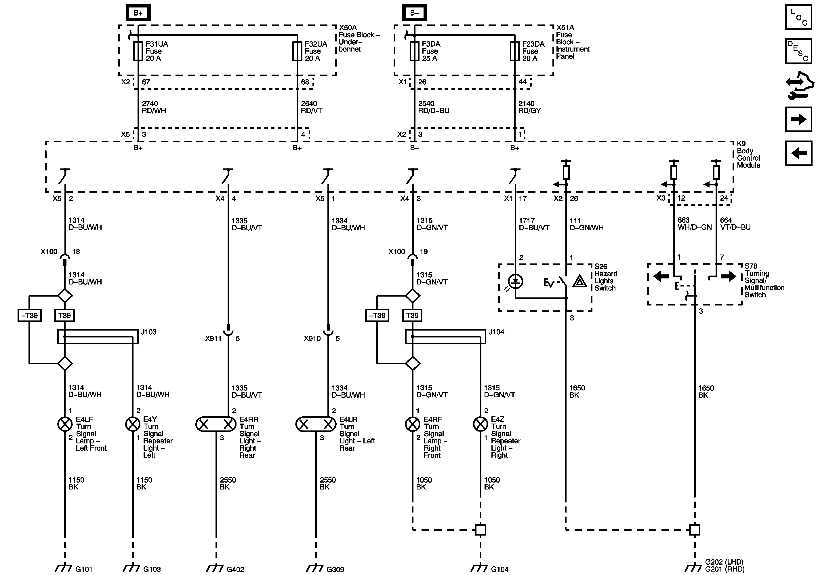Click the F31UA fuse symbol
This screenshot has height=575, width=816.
coord(138,52)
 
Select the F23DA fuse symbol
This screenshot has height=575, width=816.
coord(515,52)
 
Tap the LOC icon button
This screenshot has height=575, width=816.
coord(798,17)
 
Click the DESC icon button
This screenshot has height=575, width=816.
coord(798,51)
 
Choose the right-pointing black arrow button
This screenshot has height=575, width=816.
coord(798,119)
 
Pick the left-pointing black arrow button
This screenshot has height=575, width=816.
coord(798,153)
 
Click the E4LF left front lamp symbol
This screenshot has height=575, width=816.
coord(65,424)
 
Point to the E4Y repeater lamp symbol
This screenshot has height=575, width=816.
coord(133,424)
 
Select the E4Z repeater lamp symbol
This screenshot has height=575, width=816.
coord(481,424)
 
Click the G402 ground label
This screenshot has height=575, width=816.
coord(235,569)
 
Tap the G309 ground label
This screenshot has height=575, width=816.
coord(335,569)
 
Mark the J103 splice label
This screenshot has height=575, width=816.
coord(148,332)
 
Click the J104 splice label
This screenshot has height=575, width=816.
coord(496,332)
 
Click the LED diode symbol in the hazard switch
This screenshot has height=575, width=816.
coord(515,282)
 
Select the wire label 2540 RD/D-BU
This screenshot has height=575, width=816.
coord(434,107)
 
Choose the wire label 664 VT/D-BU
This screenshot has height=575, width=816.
coord(735,224)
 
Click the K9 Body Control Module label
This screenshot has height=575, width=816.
coord(748,154)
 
